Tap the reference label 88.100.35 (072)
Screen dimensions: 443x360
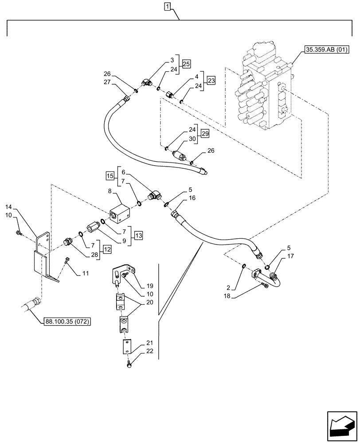click(x=67, y=322)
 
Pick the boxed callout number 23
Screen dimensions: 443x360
click(x=211, y=81)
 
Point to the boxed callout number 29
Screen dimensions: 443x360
click(x=204, y=134)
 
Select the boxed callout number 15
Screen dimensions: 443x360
click(x=110, y=177)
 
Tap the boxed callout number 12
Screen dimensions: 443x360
click(x=107, y=250)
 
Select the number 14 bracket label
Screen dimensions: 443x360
click(x=9, y=207)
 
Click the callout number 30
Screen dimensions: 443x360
click(x=192, y=138)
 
